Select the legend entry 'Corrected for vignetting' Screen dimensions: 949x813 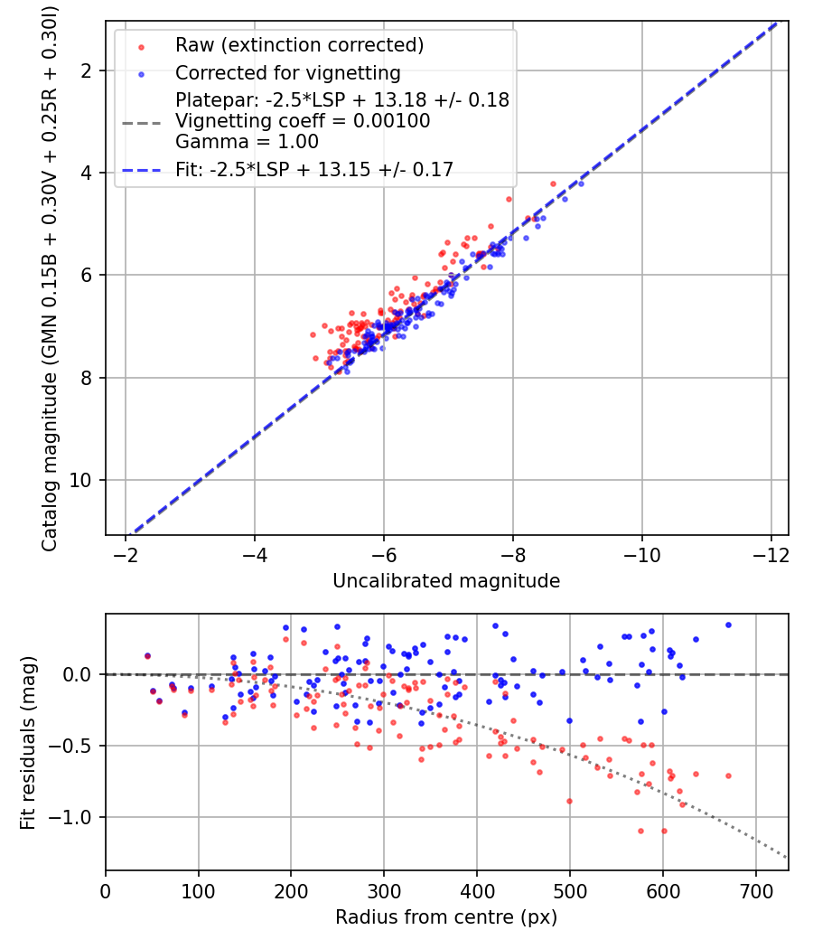287,72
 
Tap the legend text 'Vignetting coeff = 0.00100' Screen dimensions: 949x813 303,120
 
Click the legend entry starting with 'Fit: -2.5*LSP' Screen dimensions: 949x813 314,168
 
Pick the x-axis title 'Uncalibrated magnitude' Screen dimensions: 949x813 446,581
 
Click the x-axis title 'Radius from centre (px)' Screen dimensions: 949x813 446,917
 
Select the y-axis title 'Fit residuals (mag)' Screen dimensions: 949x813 27,742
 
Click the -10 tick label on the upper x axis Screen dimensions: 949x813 642,554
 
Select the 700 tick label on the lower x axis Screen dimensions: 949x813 756,890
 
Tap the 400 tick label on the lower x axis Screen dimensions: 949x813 477,890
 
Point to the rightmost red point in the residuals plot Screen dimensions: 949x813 728,775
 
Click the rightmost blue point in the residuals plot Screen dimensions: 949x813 728,625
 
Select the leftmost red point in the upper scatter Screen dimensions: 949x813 313,334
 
